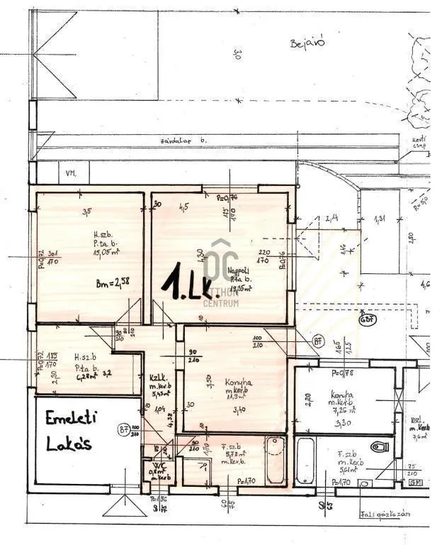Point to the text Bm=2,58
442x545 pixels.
(113, 282)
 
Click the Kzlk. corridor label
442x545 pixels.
(157, 378)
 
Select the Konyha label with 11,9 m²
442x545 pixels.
(234, 383)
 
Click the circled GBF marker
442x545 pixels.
(367, 319)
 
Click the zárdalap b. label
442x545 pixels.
(183, 141)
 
